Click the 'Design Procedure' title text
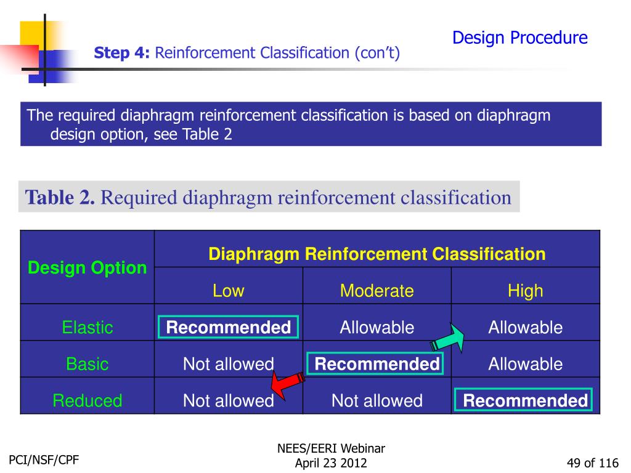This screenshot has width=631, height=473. pyautogui.click(x=519, y=38)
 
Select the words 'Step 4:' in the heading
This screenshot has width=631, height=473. pyautogui.click(x=121, y=54)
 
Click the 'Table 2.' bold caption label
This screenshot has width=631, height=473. pyautogui.click(x=60, y=198)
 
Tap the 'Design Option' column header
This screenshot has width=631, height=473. pyautogui.click(x=88, y=268)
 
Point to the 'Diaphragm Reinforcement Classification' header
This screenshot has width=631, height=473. pyautogui.click(x=377, y=254)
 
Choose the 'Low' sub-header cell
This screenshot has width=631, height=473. pyautogui.click(x=228, y=291)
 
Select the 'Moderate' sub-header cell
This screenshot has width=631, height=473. pyautogui.click(x=377, y=291)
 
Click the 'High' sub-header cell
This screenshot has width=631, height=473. pyautogui.click(x=525, y=291)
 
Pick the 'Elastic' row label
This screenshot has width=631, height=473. pyautogui.click(x=88, y=328)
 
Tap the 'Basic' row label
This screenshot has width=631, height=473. pyautogui.click(x=88, y=364)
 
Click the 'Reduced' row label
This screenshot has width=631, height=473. pyautogui.click(x=88, y=401)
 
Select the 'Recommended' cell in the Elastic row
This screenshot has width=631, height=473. pyautogui.click(x=228, y=328)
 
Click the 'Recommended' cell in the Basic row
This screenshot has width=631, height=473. pyautogui.click(x=377, y=364)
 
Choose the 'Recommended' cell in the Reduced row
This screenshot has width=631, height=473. pyautogui.click(x=525, y=401)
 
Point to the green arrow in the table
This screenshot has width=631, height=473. pyautogui.click(x=449, y=339)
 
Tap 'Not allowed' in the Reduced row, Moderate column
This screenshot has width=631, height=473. pyautogui.click(x=377, y=401)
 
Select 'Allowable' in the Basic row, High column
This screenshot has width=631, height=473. pyautogui.click(x=525, y=364)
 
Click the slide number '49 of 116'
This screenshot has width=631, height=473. pyautogui.click(x=592, y=463)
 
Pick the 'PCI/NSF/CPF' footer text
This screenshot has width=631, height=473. pyautogui.click(x=44, y=459)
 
